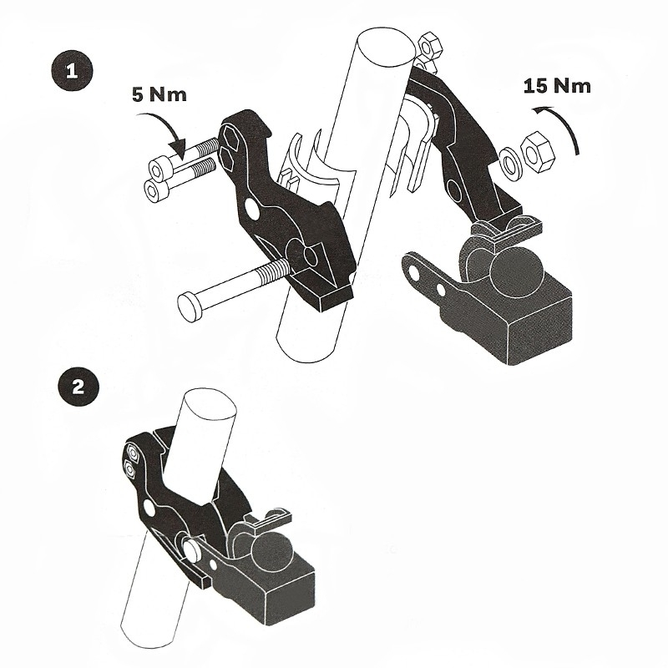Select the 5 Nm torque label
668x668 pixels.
click(159, 94)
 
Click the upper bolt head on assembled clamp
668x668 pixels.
click(131, 455)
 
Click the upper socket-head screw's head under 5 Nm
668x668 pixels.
click(157, 167)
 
